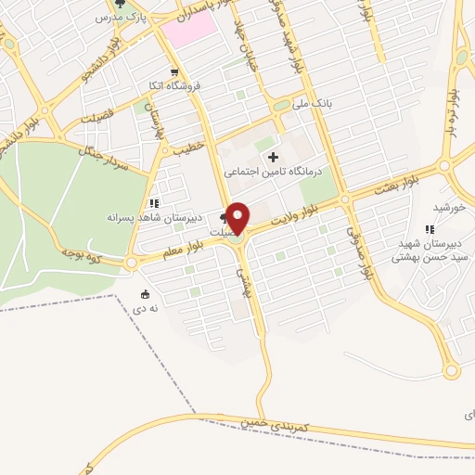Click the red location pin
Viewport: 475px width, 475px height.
pyautogui.click(x=238, y=217)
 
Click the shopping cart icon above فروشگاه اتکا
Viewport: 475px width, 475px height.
pyautogui.click(x=173, y=72)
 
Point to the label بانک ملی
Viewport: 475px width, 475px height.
pyautogui.click(x=314, y=103)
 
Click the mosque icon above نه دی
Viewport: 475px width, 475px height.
pyautogui.click(x=144, y=294)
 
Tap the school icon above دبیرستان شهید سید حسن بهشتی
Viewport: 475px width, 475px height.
pyautogui.click(x=429, y=229)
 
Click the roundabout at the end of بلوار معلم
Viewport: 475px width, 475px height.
pyautogui.click(x=131, y=263)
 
